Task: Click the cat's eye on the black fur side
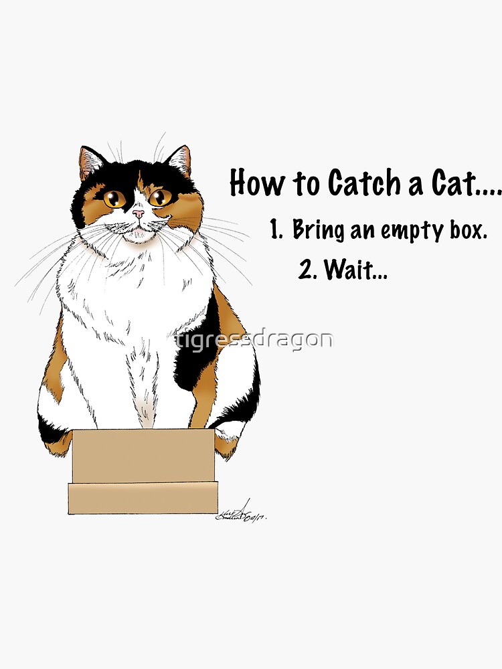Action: [x=114, y=198]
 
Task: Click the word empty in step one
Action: [x=412, y=231]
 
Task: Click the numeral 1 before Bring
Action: [x=274, y=230]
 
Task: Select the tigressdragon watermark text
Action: [x=252, y=339]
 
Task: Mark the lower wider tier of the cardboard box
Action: [x=143, y=498]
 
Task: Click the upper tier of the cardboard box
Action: [x=143, y=456]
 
